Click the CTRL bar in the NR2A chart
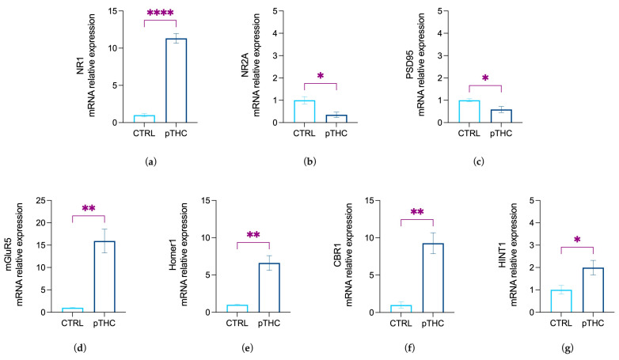tap(305, 112)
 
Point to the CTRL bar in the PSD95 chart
tap(469, 112)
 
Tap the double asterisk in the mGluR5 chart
tap(89, 208)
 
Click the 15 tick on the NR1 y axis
tap(118, 11)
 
